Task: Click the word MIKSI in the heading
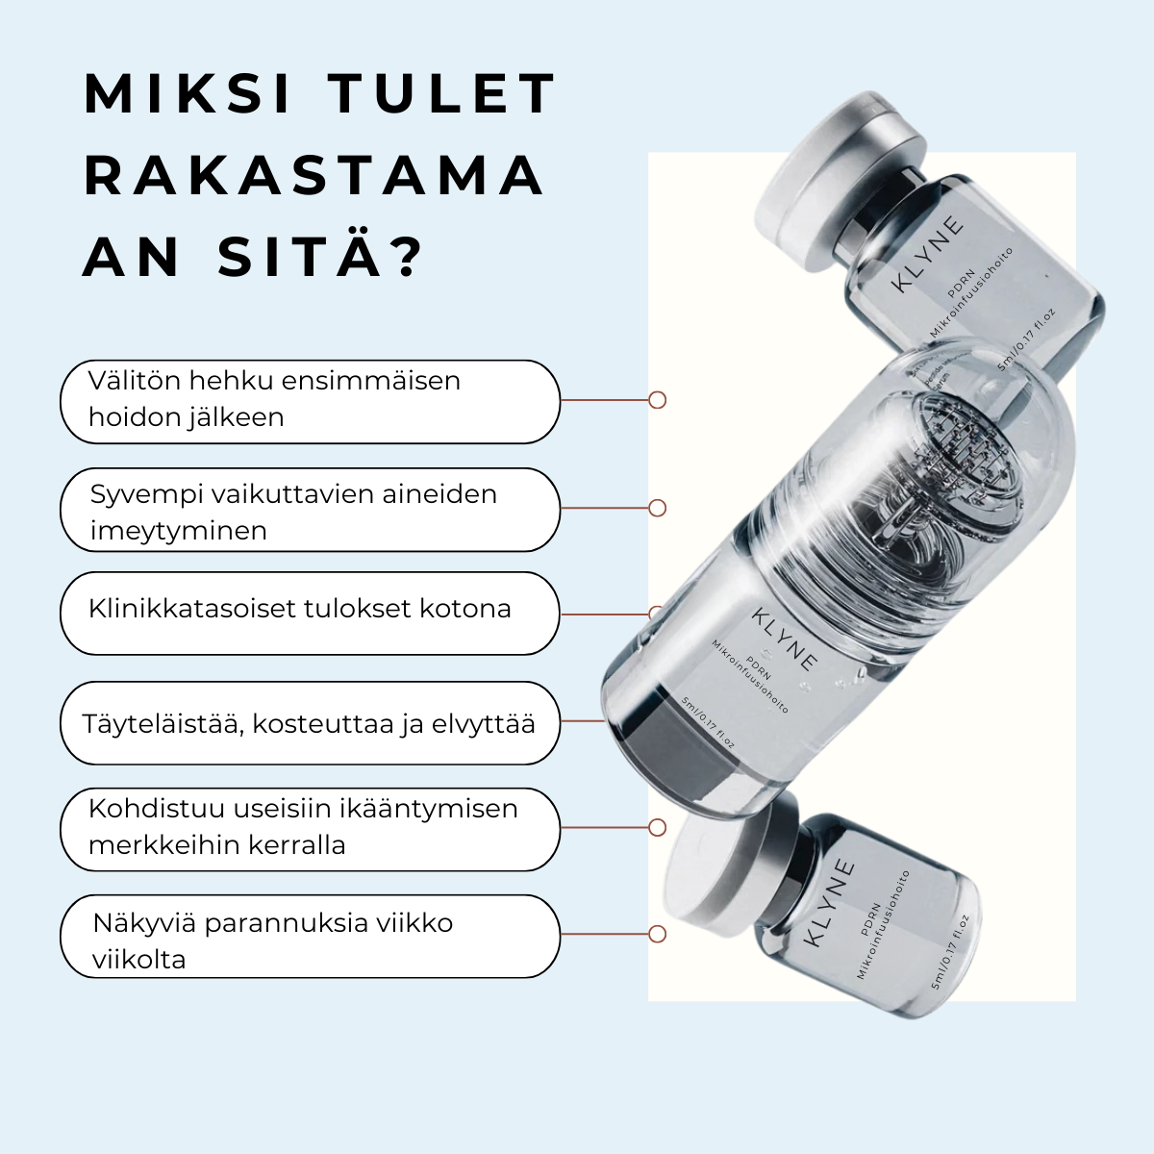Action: click(x=188, y=94)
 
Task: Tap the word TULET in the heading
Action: click(x=441, y=94)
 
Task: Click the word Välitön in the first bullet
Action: click(x=135, y=381)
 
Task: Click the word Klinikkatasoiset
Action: click(x=192, y=609)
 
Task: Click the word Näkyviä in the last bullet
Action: click(x=144, y=923)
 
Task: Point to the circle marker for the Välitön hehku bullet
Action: click(x=658, y=400)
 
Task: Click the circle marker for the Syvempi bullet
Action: click(x=658, y=508)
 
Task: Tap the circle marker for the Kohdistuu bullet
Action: click(x=658, y=828)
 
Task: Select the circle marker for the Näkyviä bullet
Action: click(x=658, y=934)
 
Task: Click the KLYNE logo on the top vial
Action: click(x=927, y=254)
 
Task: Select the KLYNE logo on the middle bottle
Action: click(x=785, y=640)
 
